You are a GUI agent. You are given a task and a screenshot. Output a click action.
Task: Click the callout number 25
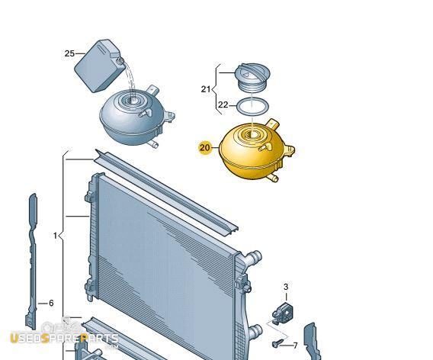coord(69,53)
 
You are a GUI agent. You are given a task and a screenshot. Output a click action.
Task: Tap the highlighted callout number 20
coord(204,148)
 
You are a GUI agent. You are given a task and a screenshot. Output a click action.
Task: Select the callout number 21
coord(206,89)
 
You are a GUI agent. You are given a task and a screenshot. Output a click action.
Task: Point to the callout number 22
coord(223,104)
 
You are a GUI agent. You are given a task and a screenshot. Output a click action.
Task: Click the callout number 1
coord(55,236)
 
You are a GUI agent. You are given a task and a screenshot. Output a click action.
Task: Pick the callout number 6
coord(51,303)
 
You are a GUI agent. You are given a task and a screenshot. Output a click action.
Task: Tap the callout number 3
coord(286,287)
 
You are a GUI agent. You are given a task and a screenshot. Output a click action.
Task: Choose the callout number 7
coord(295,346)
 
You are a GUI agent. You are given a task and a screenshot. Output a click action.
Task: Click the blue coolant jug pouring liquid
coord(98,66)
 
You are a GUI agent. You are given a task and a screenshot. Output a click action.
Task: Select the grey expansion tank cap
coord(252,77)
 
